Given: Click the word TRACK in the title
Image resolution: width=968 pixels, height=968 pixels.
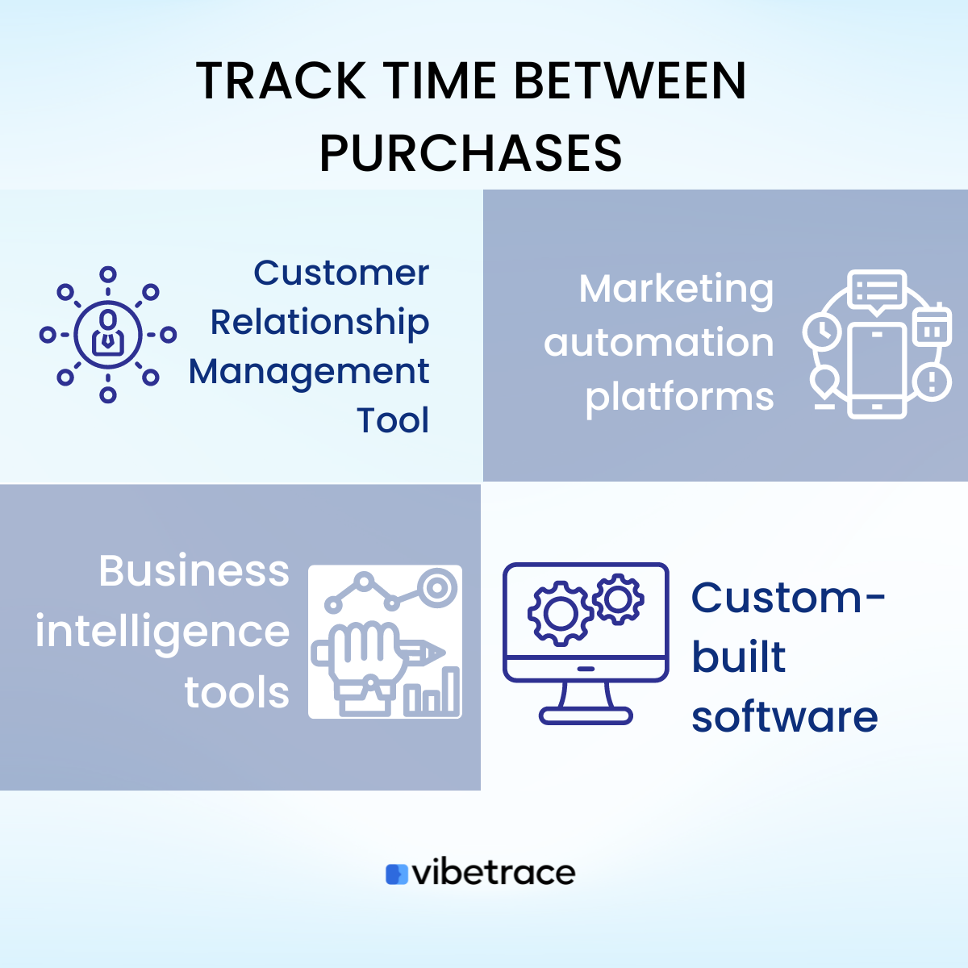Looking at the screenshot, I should tap(281, 81).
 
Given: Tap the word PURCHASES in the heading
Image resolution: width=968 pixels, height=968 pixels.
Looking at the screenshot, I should tap(471, 153).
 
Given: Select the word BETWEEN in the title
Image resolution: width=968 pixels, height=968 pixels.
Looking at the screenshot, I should tap(629, 81).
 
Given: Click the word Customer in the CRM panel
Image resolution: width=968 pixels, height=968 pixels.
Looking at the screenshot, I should tap(341, 273).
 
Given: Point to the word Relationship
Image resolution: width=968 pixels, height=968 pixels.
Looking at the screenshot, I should tap(319, 323).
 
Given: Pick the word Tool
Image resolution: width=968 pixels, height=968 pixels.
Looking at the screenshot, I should tap(393, 420).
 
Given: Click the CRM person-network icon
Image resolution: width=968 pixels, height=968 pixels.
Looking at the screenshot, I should tap(108, 334).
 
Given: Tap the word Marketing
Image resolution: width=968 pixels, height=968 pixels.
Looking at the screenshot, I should tap(676, 289).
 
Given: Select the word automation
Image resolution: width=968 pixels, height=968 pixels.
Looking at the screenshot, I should tap(658, 343).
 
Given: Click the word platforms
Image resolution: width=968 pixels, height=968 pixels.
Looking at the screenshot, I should tap(679, 397).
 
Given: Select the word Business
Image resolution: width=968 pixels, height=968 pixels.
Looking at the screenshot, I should tap(194, 571).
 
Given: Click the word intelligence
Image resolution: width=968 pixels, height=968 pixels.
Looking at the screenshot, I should tap(162, 632).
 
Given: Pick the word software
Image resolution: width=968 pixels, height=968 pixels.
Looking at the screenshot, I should tap(784, 716).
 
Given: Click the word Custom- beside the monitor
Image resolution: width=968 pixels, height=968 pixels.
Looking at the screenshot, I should tap(787, 598).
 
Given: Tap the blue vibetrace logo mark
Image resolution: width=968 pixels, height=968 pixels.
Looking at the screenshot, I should tap(397, 874).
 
